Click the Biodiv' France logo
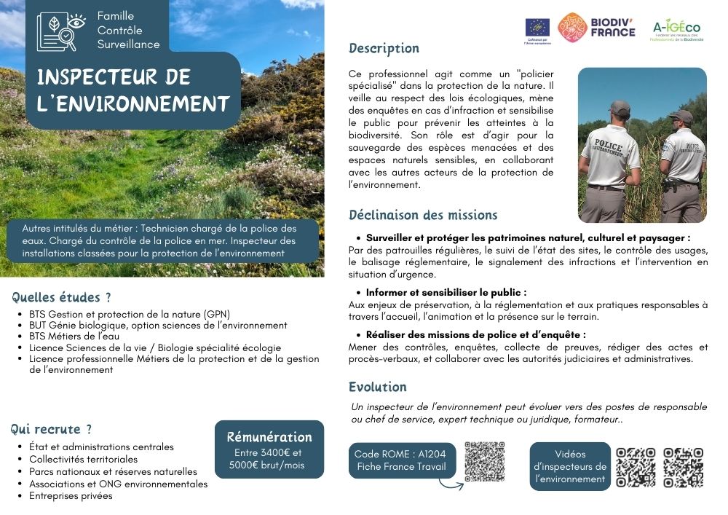596,28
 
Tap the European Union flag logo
537,27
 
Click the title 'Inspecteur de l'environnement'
133,90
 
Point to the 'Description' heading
384,49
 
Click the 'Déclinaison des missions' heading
423,215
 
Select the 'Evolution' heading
377,387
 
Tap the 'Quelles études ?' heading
62,297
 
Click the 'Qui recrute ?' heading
52,429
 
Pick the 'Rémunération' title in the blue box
269,438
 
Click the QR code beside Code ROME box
484,461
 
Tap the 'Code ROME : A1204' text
400,454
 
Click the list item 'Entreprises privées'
71,496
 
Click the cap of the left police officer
619,107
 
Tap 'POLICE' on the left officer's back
608,144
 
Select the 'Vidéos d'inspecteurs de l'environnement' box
569,466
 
